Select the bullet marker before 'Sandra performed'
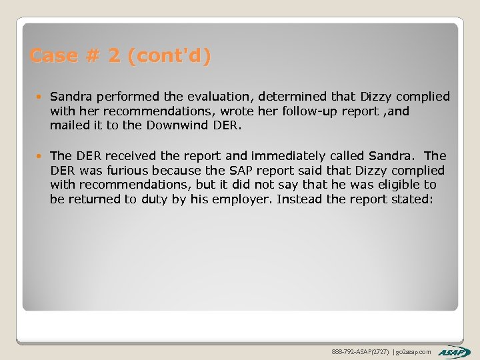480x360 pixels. coord(41,97)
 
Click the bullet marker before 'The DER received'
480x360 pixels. coord(41,156)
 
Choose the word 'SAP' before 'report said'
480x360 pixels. coord(220,170)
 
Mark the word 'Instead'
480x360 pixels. coord(299,199)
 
